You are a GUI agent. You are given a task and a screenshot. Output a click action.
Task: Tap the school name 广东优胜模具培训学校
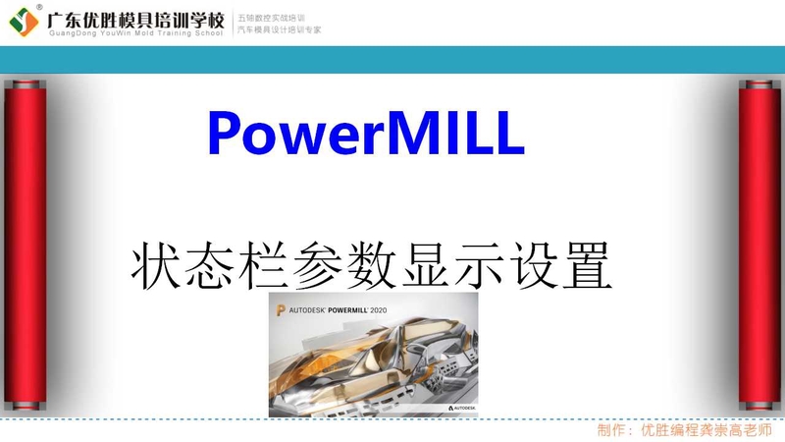[x=134, y=17]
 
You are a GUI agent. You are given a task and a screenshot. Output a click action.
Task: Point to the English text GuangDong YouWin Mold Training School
[x=134, y=32]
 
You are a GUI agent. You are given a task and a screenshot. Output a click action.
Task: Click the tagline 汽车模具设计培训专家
[x=280, y=29]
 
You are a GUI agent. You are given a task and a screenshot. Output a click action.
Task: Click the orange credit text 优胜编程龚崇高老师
[x=706, y=430]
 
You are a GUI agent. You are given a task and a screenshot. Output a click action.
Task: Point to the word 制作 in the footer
[x=612, y=430]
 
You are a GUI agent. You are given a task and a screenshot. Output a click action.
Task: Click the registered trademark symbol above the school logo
[x=40, y=6]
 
